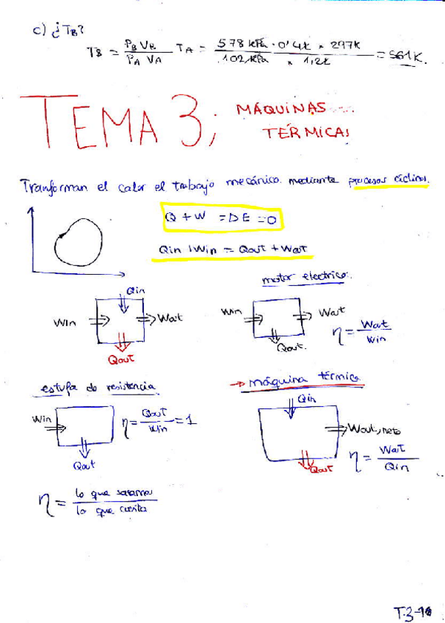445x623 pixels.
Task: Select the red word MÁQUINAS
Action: (x=281, y=109)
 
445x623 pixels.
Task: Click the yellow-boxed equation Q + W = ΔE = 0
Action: (x=220, y=217)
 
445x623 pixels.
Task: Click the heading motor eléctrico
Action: (x=306, y=278)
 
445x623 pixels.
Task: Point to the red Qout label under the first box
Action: (x=120, y=359)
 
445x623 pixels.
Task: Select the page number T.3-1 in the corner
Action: (x=413, y=611)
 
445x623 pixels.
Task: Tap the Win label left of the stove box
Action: (x=41, y=419)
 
